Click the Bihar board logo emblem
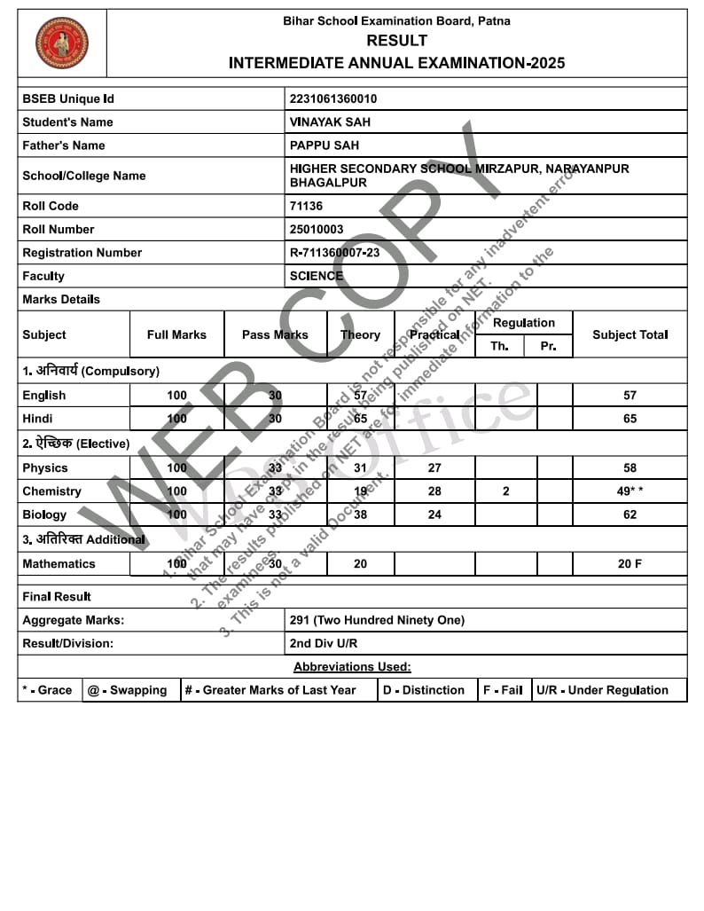pos(62,43)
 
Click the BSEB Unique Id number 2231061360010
pos(332,98)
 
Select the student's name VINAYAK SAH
pos(331,122)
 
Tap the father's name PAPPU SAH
pos(325,145)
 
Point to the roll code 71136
pos(307,206)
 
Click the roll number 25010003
pos(317,229)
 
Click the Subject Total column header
pos(630,334)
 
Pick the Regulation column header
pos(523,323)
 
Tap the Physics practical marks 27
pos(434,467)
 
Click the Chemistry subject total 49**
pos(630,491)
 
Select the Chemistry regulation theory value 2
pos(505,491)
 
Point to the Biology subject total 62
pos(630,514)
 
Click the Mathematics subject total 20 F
pos(630,564)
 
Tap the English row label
pos(44,396)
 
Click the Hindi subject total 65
pos(630,419)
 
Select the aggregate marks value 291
pos(377,620)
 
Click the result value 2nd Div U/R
pos(324,643)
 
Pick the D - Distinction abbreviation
pos(424,690)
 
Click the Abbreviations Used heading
pos(352,667)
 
